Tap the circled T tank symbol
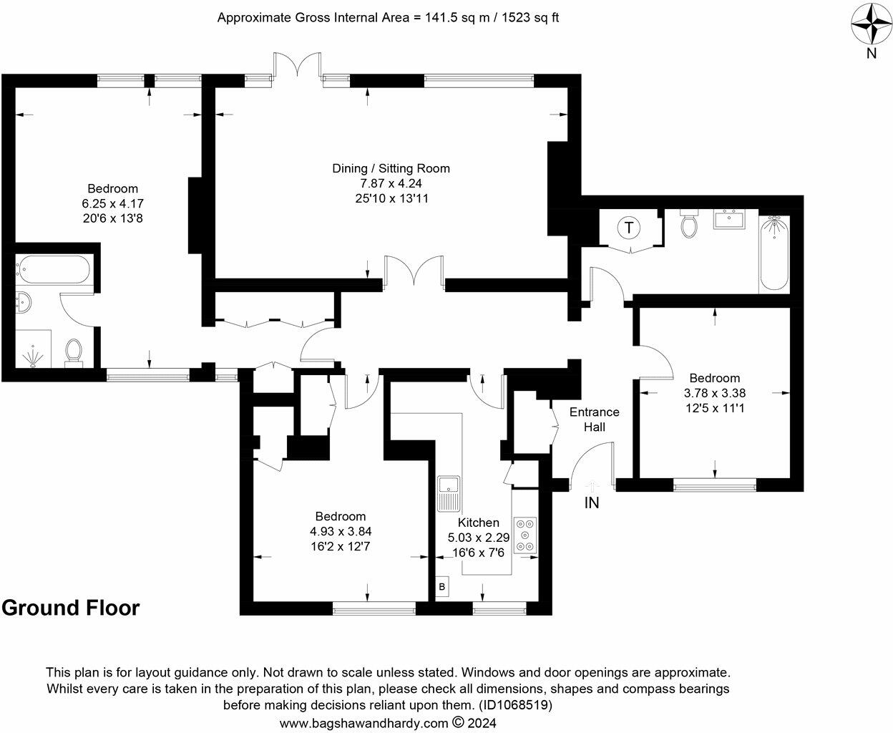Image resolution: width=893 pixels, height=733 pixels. coord(628,228)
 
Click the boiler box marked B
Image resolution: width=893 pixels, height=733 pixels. coord(442,586)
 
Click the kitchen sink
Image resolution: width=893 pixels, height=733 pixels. coord(449,493)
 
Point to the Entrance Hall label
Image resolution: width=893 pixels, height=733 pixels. coord(594,419)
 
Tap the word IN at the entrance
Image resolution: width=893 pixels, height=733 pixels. coord(592,503)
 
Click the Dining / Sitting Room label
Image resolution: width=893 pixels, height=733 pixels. coord(391,168)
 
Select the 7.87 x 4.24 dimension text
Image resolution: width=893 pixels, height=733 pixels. coord(391,183)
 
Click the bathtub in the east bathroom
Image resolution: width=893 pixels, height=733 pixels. coord(773,253)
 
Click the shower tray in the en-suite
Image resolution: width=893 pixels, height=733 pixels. coord(32,349)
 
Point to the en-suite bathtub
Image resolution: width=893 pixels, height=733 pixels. coord(54,272)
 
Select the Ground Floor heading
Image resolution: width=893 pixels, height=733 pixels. coord(70,608)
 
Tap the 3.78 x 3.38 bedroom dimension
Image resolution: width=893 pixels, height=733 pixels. coord(715,393)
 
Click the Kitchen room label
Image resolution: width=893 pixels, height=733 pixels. coord(478,523)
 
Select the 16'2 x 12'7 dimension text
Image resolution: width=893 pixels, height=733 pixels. coord(340,546)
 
